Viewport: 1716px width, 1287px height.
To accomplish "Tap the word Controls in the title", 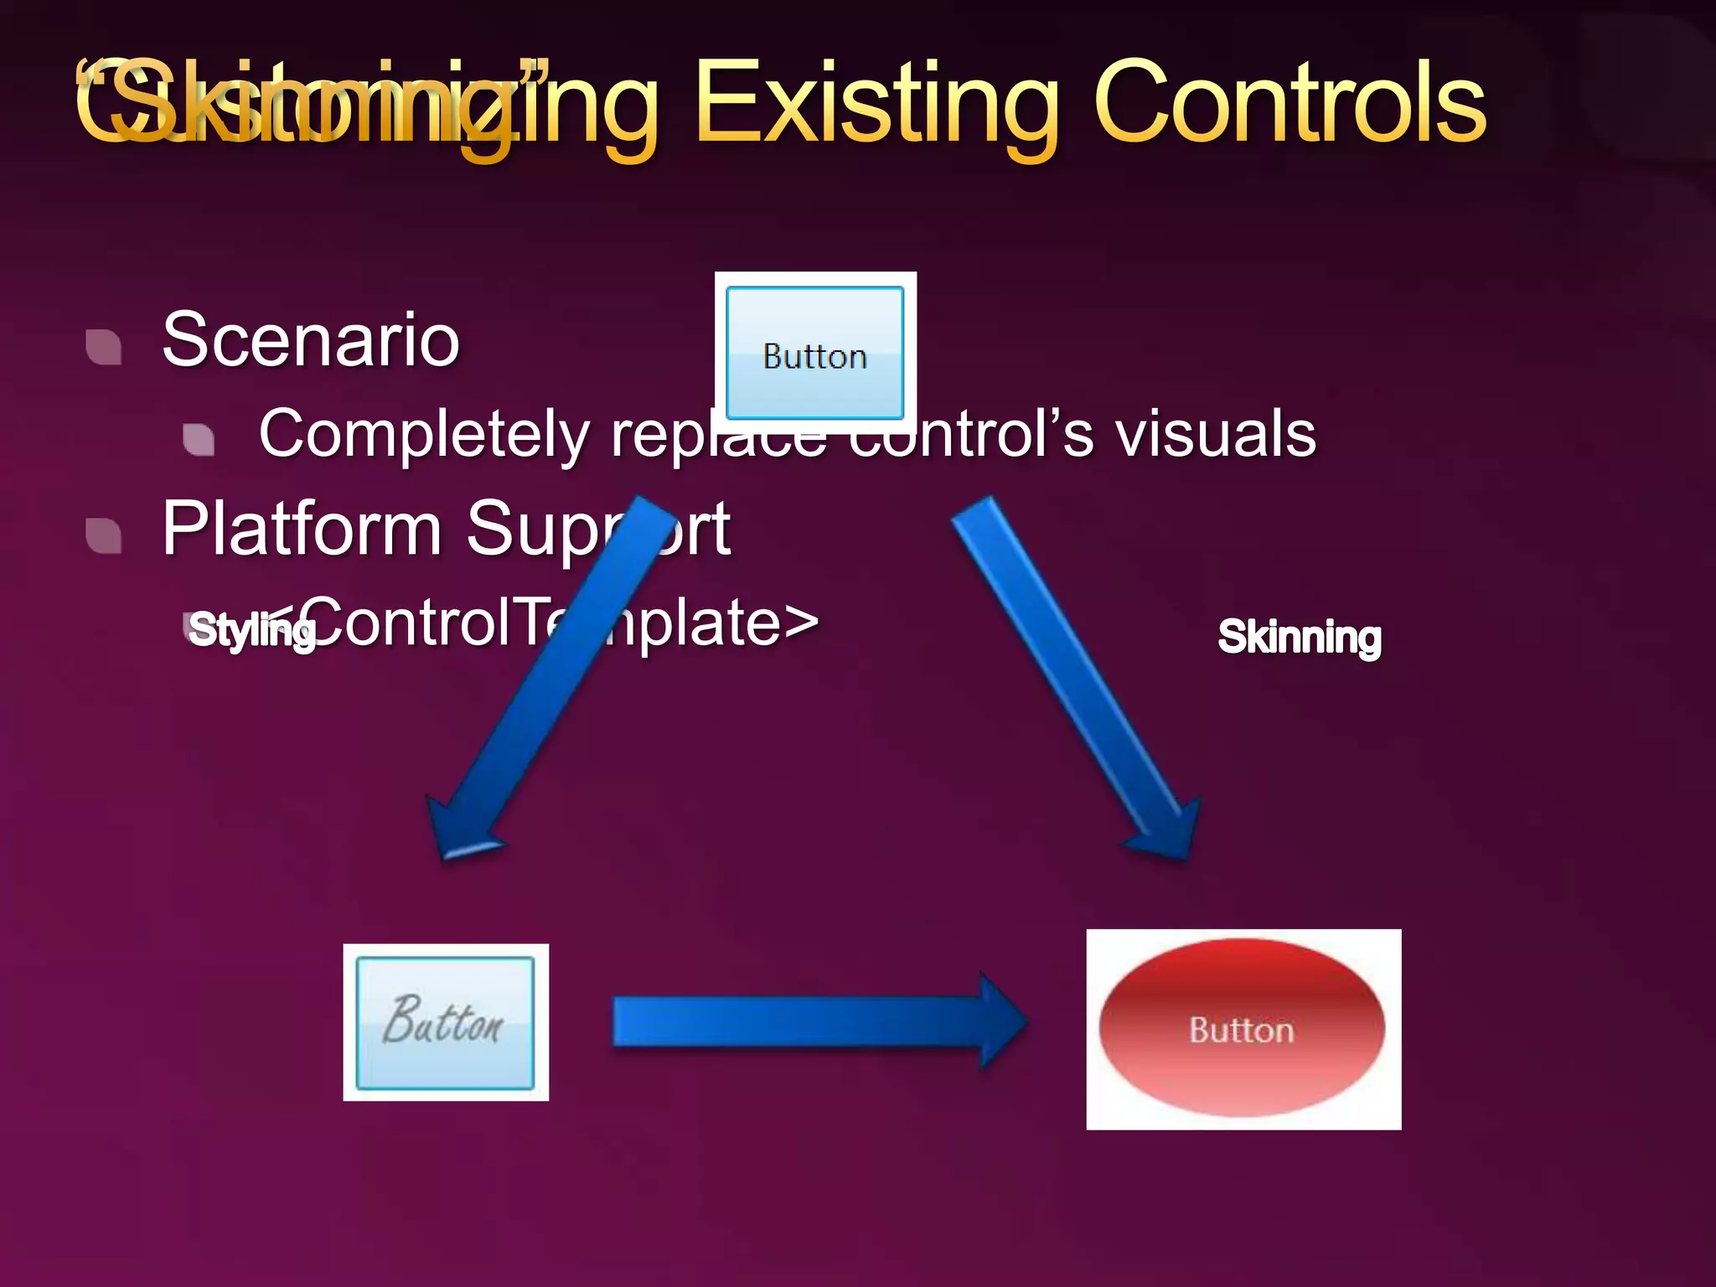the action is click(x=1290, y=105).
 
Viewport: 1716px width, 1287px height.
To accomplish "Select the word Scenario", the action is click(x=311, y=339).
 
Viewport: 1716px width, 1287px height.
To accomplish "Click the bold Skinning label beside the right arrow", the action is click(x=1300, y=637).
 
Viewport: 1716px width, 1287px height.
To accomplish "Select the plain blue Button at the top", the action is click(x=814, y=353).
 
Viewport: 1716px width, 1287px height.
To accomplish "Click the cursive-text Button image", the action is click(x=445, y=1022).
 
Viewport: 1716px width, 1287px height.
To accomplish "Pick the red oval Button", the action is click(x=1243, y=1029).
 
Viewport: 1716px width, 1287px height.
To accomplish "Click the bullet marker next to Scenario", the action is click(x=104, y=347).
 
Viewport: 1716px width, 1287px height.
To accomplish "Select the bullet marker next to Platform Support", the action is click(x=104, y=536).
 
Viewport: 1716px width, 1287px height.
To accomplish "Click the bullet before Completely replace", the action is click(x=199, y=439).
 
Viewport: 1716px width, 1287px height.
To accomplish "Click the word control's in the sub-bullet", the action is click(x=972, y=434).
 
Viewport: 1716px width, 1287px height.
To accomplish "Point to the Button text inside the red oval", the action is click(x=1242, y=1031).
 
